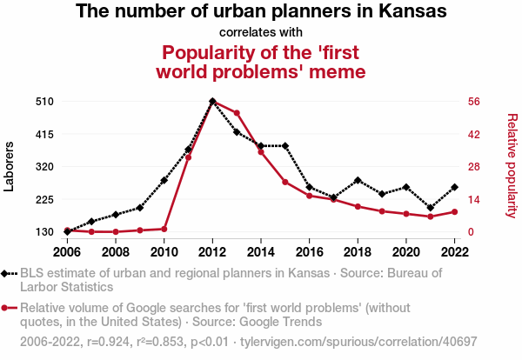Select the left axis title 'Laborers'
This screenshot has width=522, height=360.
click(x=10, y=166)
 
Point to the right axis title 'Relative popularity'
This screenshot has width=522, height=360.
click(x=512, y=165)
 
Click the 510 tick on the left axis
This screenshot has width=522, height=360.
click(x=45, y=101)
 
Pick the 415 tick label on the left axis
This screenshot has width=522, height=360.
click(x=45, y=134)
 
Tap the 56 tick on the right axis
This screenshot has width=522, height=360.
click(x=474, y=101)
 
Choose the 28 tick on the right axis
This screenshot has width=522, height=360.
click(x=474, y=166)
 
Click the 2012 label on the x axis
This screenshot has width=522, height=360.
click(x=212, y=252)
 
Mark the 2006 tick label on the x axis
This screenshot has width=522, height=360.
click(x=67, y=252)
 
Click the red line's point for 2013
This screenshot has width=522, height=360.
click(x=237, y=113)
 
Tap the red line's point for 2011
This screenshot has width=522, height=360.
click(x=188, y=157)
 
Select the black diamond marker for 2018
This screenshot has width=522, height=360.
click(x=358, y=180)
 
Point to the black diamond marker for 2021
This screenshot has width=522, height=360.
click(x=430, y=208)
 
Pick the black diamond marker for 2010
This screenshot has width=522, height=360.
click(x=164, y=180)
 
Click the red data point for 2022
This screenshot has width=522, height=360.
click(x=454, y=211)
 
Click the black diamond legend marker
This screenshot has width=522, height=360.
click(x=8, y=273)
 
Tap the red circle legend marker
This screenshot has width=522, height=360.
click(x=8, y=308)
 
